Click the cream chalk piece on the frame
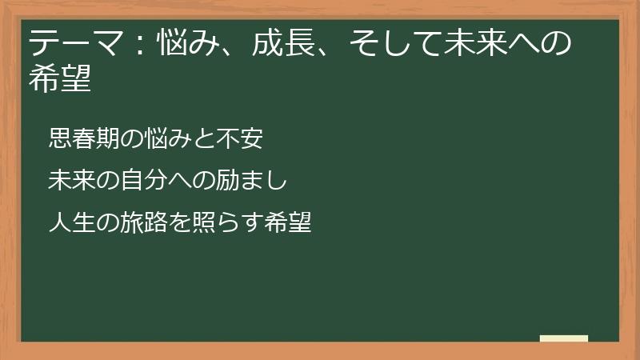point(564,338)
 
